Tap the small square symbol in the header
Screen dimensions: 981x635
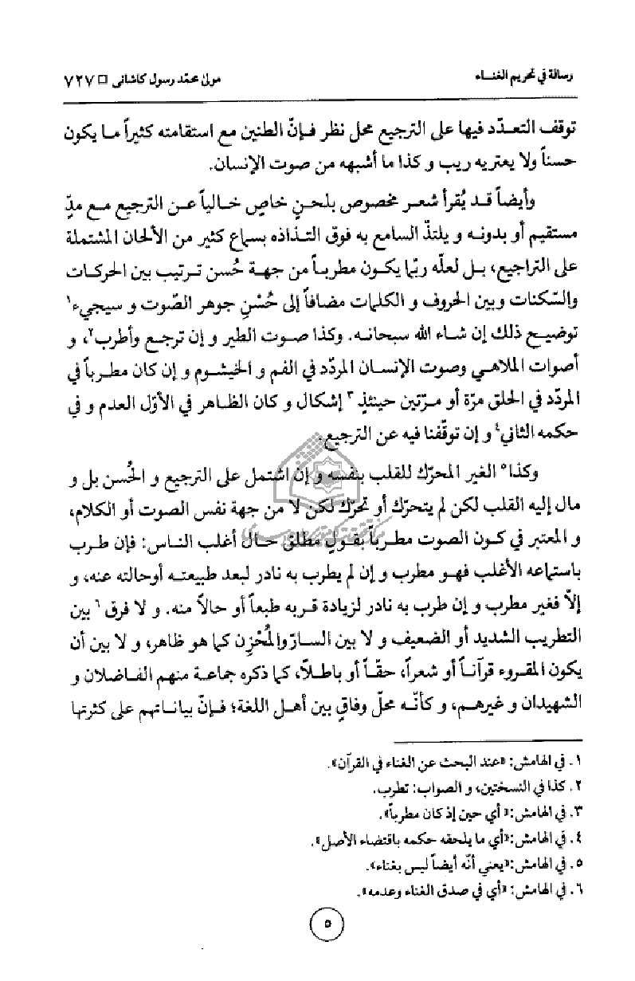[x=102, y=79]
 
